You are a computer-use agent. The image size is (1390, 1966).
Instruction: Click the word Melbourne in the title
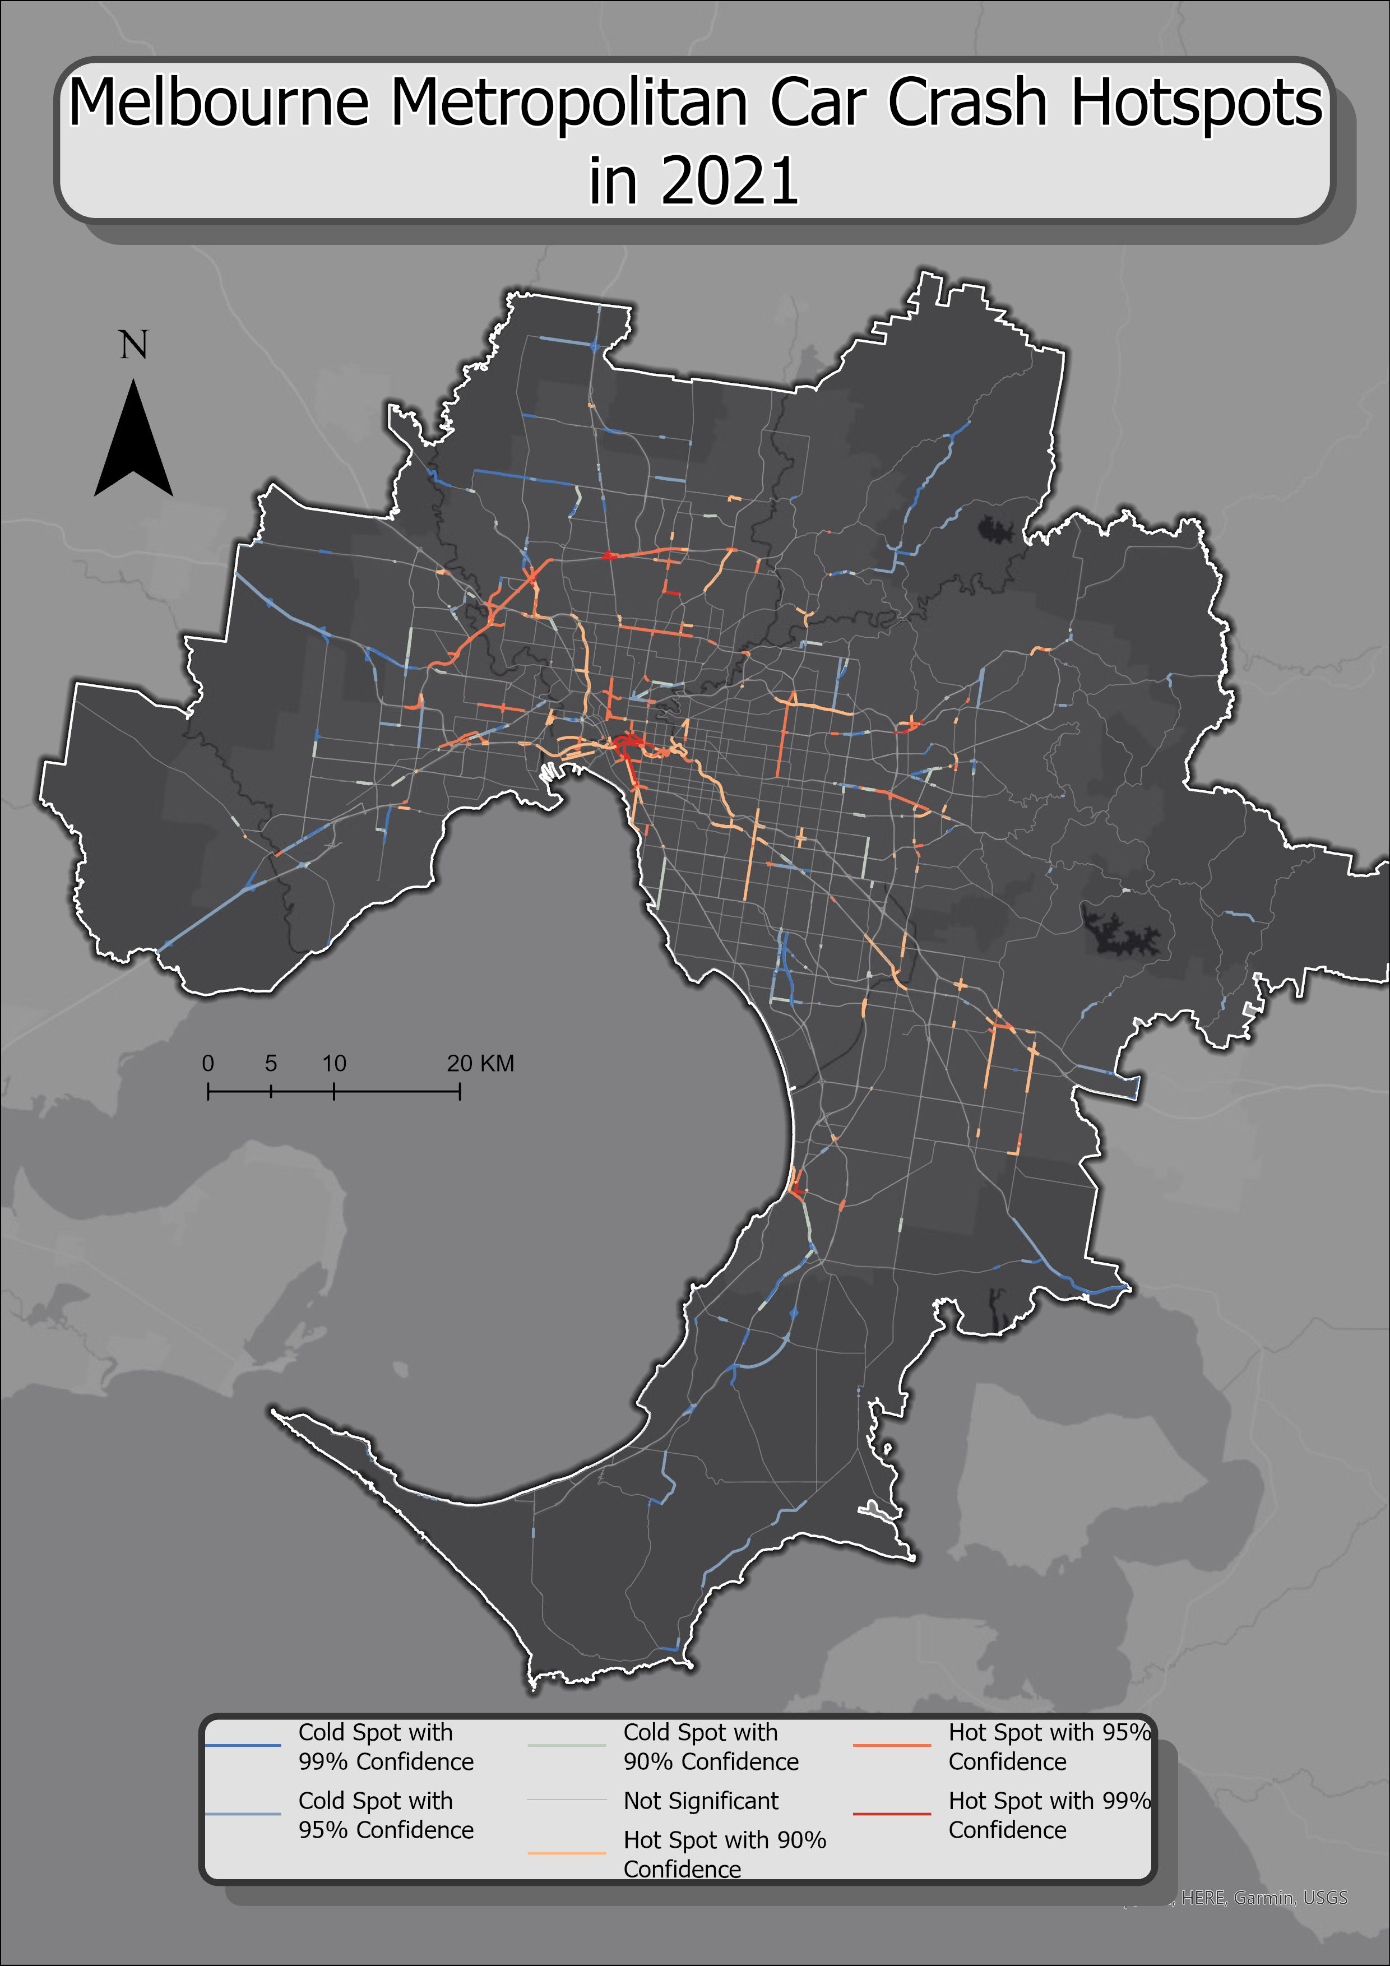point(219,103)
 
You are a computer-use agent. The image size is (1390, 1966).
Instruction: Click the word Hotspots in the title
point(1197,103)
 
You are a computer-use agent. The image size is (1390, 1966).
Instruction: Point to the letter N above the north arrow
point(133,345)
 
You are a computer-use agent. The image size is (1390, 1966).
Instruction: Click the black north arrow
point(133,441)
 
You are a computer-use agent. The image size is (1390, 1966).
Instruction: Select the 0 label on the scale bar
point(207,1064)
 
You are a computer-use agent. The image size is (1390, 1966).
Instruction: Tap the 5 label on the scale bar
point(271,1064)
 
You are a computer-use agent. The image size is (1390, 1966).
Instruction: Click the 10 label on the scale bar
point(334,1064)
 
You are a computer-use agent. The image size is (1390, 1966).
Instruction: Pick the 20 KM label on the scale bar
point(480,1064)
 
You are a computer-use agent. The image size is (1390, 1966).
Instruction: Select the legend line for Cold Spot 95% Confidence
point(243,1814)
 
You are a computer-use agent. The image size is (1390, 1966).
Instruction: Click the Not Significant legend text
point(701,1801)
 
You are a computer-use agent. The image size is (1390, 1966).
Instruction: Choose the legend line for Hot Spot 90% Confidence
point(567,1853)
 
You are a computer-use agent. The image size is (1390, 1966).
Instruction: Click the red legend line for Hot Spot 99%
point(892,1814)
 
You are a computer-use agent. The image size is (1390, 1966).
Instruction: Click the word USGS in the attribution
point(1325,1898)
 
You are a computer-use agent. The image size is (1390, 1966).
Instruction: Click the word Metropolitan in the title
point(569,103)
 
